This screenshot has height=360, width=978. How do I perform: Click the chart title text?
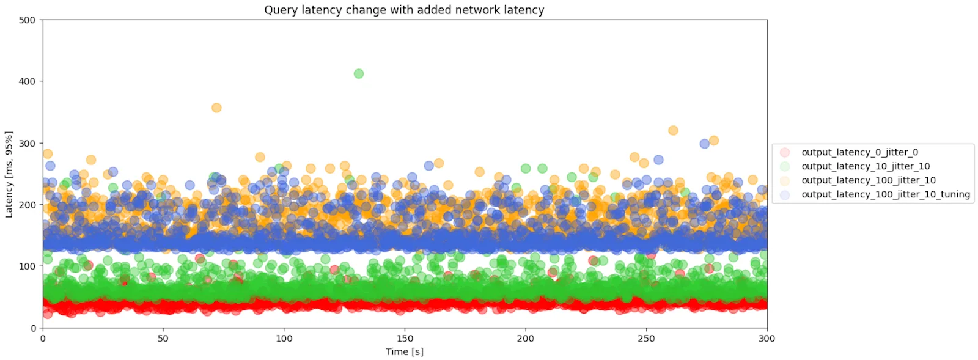[404, 10]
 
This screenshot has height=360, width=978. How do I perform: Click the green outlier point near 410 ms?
[358, 74]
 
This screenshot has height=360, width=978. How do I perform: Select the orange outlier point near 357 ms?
[216, 108]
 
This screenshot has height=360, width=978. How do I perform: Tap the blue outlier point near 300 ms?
[704, 144]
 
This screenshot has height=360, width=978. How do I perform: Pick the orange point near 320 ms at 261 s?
[673, 130]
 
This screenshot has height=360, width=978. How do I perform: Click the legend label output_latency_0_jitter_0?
[859, 152]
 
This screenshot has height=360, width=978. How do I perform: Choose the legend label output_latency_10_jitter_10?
[866, 166]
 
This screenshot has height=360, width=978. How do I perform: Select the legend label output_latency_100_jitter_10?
[869, 180]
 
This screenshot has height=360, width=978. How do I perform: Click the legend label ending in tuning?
[886, 194]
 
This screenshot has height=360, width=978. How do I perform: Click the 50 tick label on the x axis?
[163, 339]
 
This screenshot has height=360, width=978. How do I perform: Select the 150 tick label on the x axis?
[405, 339]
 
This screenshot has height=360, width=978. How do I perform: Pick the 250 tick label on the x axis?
[646, 339]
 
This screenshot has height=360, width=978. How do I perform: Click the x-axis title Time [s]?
[404, 351]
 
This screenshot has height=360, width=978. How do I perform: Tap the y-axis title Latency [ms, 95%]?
[9, 174]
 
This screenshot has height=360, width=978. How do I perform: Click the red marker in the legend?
[785, 152]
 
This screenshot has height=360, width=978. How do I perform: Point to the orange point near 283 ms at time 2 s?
[47, 153]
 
